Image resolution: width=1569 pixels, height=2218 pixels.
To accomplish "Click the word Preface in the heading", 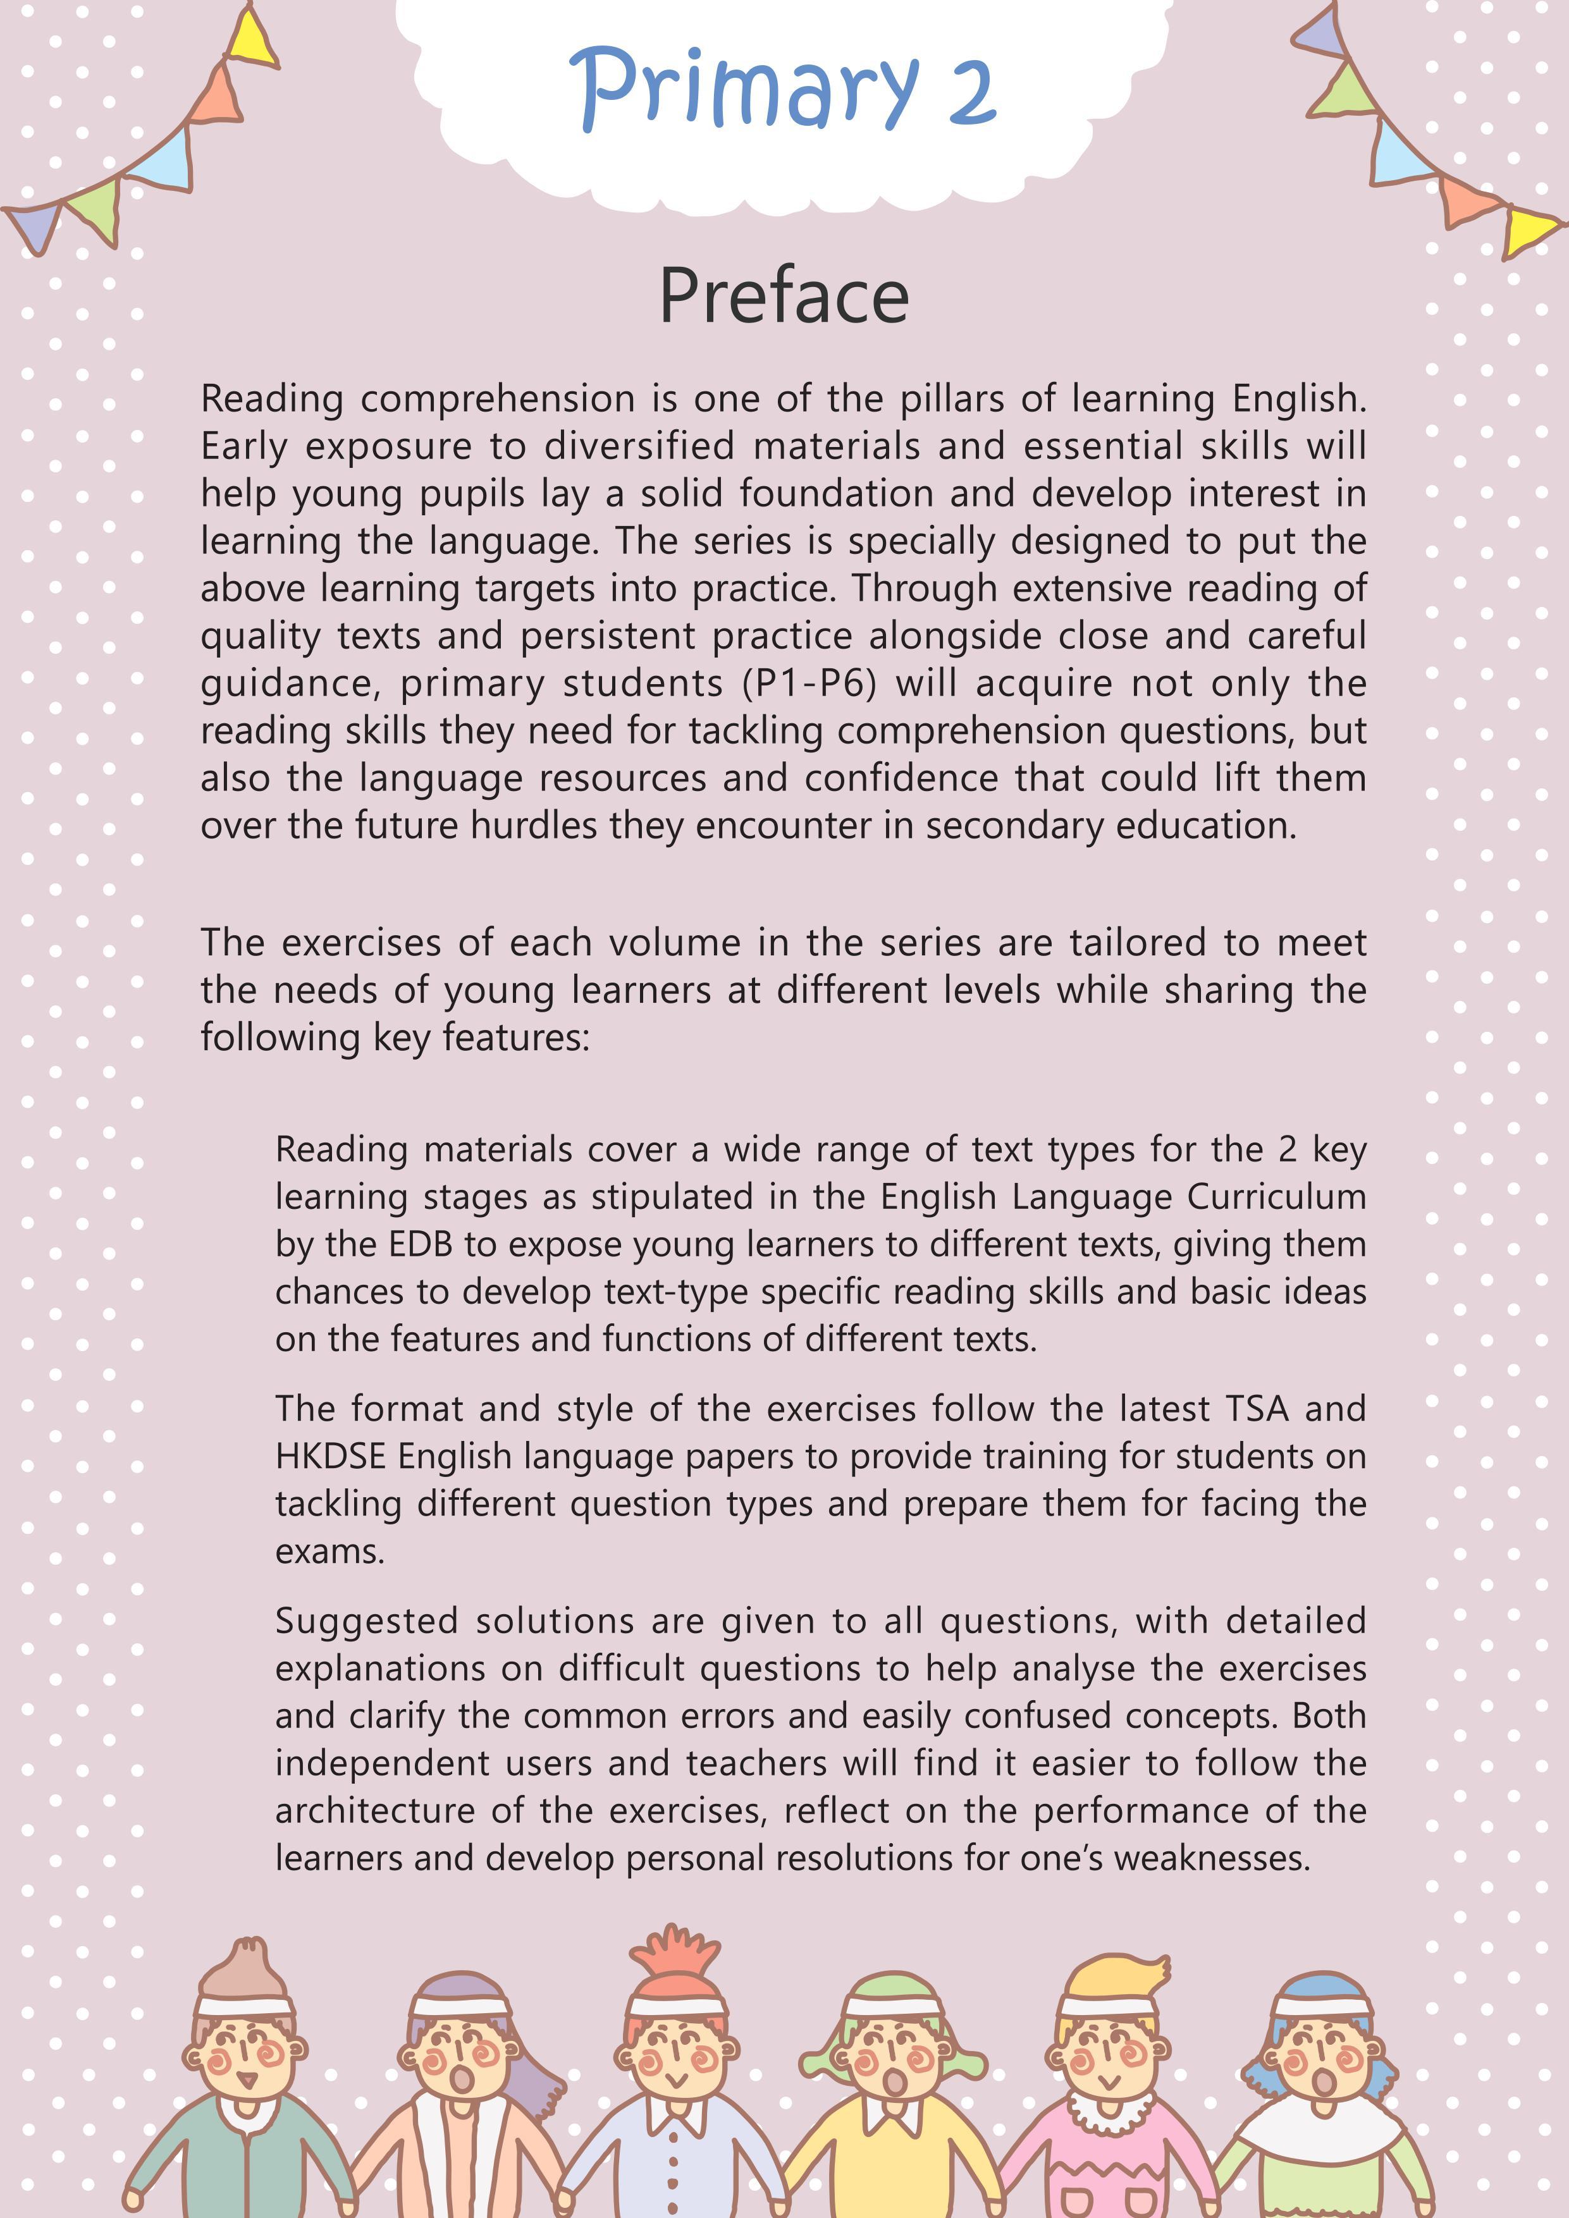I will (784, 296).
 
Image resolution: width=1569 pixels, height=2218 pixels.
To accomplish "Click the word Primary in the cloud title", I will (744, 89).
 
